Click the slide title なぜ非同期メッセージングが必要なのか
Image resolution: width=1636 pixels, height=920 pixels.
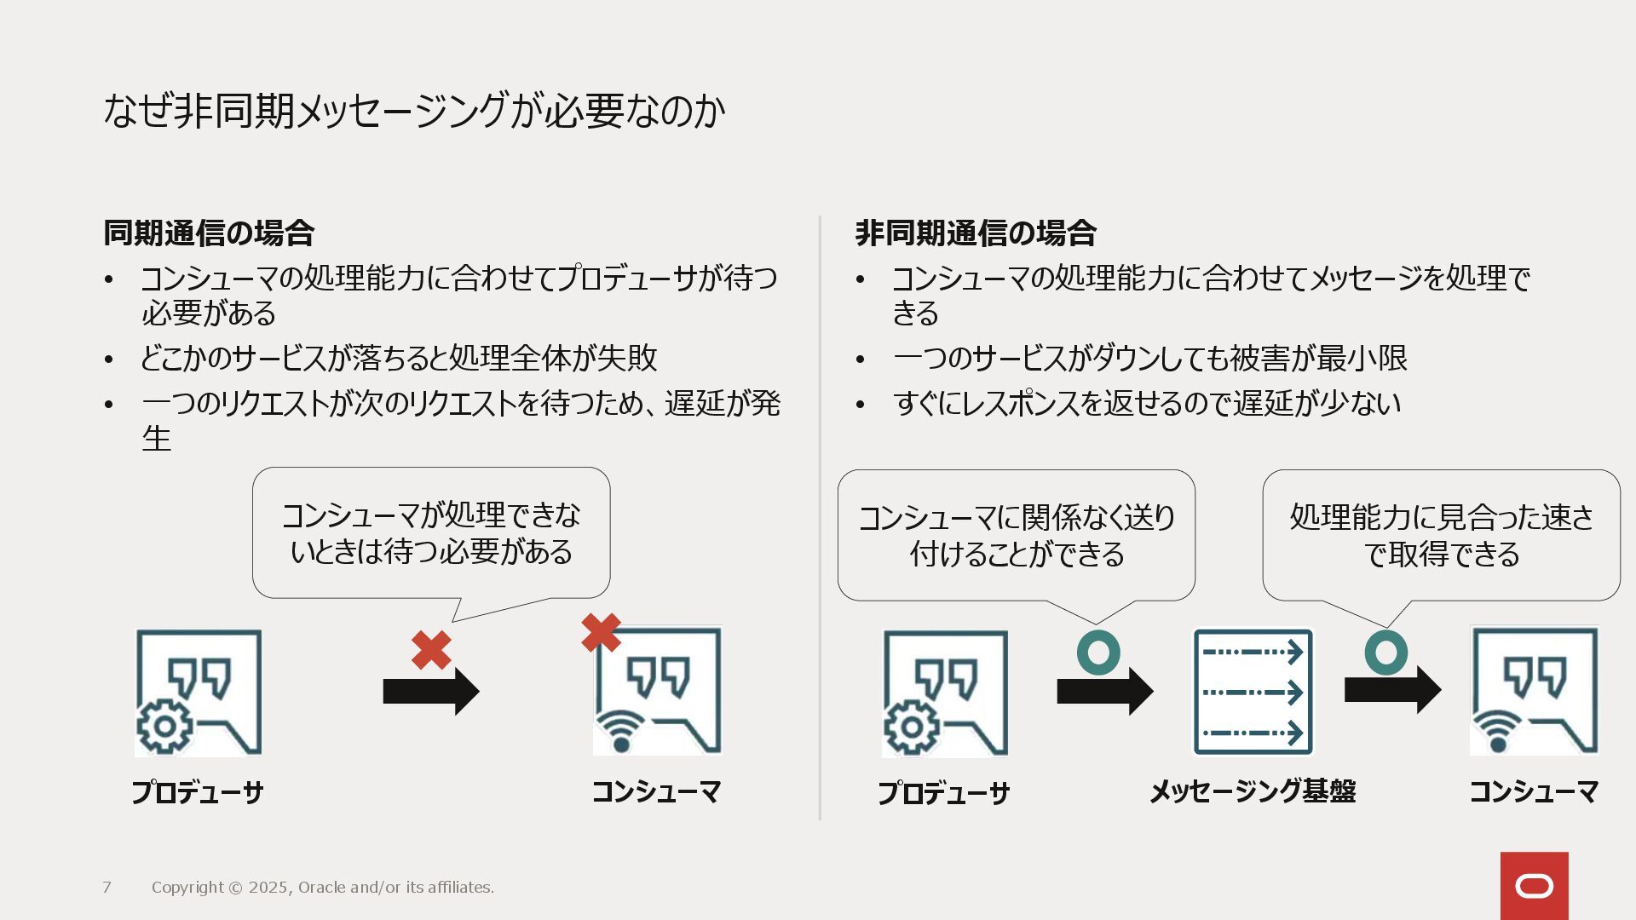pos(414,111)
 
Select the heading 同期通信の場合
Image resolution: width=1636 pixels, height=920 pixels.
pos(209,233)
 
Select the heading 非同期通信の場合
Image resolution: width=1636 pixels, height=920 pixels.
pos(976,233)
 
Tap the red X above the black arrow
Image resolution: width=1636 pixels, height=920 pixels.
pos(431,651)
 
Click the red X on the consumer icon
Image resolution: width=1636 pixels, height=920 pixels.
pos(601,633)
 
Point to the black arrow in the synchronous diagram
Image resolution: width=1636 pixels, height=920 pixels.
pos(431,691)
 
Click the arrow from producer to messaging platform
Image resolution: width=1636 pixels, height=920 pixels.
pos(1104,691)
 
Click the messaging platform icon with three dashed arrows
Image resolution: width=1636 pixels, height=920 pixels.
pos(1253,692)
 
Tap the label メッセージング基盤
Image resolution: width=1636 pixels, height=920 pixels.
pos(1253,791)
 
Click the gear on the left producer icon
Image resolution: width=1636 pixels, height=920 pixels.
pos(164,727)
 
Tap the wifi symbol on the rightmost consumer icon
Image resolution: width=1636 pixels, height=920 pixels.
pos(1498,733)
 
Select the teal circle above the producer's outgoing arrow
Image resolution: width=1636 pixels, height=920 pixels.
pos(1098,653)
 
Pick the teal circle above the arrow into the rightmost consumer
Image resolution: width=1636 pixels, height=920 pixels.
pos(1386,653)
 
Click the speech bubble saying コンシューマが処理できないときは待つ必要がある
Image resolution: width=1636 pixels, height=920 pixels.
pos(431,533)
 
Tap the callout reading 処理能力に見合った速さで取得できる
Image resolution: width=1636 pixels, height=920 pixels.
pos(1441,535)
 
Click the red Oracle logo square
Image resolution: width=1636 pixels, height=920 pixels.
pos(1534,886)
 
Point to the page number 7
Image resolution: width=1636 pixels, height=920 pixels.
pos(107,888)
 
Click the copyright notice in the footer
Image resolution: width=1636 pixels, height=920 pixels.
pos(323,888)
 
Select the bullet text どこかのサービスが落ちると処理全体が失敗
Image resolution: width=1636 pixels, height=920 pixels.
pos(399,358)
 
